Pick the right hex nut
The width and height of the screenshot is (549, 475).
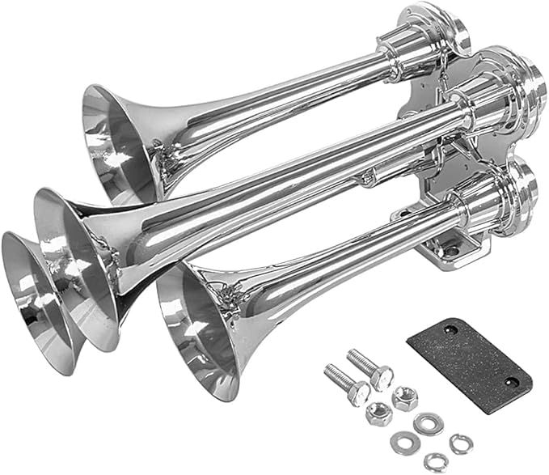click(405, 399)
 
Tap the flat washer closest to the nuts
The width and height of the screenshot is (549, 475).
click(428, 422)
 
